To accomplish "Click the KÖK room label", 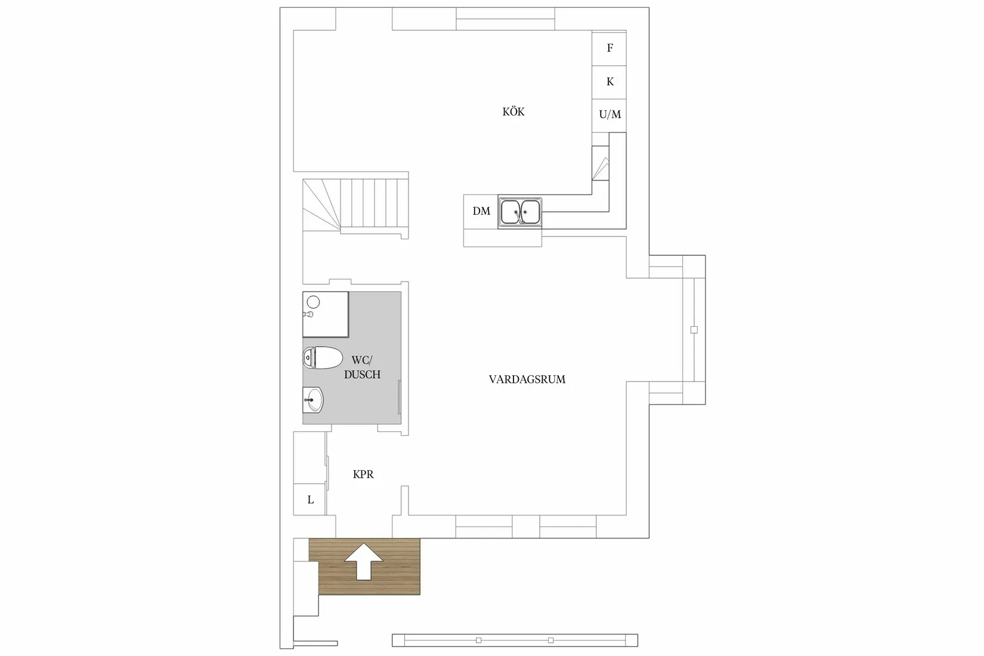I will click(513, 112).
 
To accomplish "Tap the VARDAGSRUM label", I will click(527, 379).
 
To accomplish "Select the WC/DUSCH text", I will click(362, 367).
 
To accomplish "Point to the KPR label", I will click(363, 475).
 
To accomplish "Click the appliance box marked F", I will click(609, 48).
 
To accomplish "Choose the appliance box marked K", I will click(609, 82).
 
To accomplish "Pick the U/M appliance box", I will click(609, 115).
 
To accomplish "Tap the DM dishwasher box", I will click(481, 211).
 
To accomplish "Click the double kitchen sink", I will click(520, 212).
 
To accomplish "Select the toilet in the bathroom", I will click(322, 358).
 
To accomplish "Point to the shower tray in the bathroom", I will click(326, 314).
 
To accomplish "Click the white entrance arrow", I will click(364, 561).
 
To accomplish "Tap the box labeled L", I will click(310, 500).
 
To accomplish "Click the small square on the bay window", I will click(694, 330).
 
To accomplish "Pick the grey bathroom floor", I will click(370, 406).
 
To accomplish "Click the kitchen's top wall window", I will click(506, 19).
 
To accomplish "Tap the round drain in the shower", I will click(314, 302).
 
